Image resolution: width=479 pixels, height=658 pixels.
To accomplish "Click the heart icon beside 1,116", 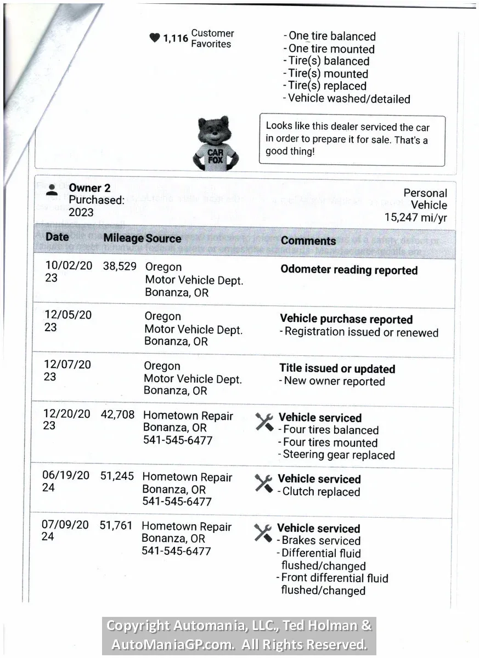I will [155, 38].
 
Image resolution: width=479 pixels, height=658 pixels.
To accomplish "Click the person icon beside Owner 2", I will [52, 189].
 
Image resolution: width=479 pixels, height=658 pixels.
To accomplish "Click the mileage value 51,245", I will [117, 476].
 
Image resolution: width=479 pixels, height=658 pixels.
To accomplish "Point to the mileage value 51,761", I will [116, 525].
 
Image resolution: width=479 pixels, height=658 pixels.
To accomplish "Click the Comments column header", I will [308, 241].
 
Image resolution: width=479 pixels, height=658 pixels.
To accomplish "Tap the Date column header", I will [57, 237].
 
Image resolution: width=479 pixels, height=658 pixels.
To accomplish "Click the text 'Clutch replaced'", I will [321, 492].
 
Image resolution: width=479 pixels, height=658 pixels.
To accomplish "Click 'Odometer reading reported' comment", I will [349, 270].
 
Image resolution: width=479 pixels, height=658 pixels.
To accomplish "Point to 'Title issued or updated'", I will [337, 368].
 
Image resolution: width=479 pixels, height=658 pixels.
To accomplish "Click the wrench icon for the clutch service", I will [264, 483].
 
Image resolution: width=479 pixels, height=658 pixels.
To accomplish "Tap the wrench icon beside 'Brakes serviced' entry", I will [263, 532].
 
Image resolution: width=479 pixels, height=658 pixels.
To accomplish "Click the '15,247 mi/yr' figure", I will [415, 217].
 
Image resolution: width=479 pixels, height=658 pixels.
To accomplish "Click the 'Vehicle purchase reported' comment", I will [346, 319].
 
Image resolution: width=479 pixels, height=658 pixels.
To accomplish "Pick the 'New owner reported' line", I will [334, 381].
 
